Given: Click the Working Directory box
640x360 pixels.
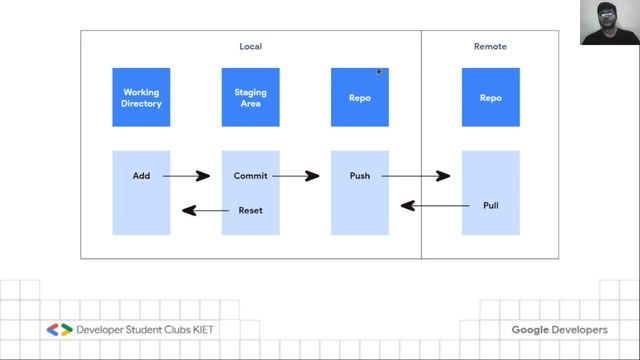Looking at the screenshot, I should pyautogui.click(x=141, y=97).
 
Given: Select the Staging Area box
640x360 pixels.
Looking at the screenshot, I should pyautogui.click(x=251, y=97).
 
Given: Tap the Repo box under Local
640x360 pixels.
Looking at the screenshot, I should pyautogui.click(x=360, y=97).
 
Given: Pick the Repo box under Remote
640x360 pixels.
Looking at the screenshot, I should pyautogui.click(x=490, y=97).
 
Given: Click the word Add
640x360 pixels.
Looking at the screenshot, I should pyautogui.click(x=141, y=176).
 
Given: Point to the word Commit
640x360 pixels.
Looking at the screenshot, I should pyautogui.click(x=250, y=176).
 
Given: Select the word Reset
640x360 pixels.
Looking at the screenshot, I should pyautogui.click(x=250, y=210).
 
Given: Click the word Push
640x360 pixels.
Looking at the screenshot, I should pyautogui.click(x=360, y=176).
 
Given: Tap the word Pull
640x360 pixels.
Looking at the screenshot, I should pyautogui.click(x=490, y=206).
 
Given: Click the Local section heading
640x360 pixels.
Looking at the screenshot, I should pyautogui.click(x=250, y=46).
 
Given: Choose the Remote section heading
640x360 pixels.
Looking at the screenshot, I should pyautogui.click(x=490, y=46).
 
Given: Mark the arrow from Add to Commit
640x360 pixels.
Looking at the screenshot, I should pyautogui.click(x=186, y=176).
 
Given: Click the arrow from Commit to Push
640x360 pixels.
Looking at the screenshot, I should pyautogui.click(x=296, y=176).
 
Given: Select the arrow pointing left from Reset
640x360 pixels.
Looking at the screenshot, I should pyautogui.click(x=204, y=210).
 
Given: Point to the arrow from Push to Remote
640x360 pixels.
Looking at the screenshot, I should pyautogui.click(x=415, y=176).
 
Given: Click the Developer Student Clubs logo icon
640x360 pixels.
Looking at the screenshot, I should pyautogui.click(x=59, y=329).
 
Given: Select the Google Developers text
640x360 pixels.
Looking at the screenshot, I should pyautogui.click(x=559, y=330).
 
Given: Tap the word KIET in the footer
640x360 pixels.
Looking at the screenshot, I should pyautogui.click(x=199, y=329).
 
